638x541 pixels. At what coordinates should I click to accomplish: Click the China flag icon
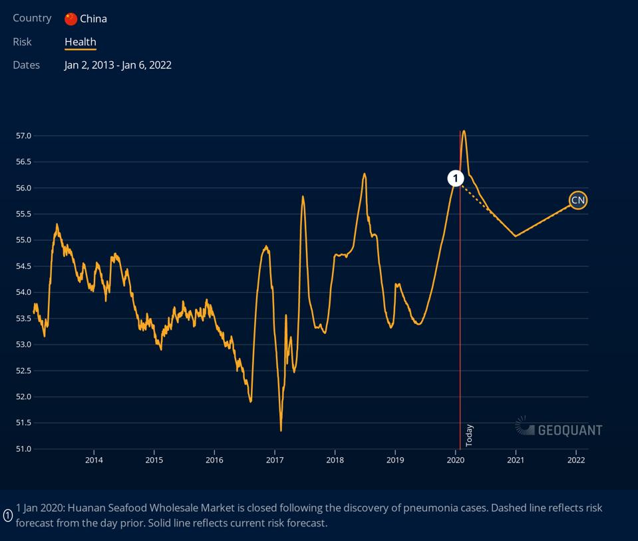pyautogui.click(x=71, y=19)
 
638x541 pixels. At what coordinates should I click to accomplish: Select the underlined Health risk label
pyautogui.click(x=80, y=41)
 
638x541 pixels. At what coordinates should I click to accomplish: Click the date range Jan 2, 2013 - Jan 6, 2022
pyautogui.click(x=118, y=65)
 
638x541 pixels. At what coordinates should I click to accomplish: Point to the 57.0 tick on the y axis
pyautogui.click(x=23, y=136)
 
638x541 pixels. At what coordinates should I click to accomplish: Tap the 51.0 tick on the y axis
pyautogui.click(x=23, y=449)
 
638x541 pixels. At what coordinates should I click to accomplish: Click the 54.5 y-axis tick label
pyautogui.click(x=23, y=266)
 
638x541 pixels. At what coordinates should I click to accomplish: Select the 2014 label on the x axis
pyautogui.click(x=94, y=460)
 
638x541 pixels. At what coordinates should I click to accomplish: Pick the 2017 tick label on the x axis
pyautogui.click(x=275, y=460)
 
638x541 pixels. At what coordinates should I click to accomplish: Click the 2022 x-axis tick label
pyautogui.click(x=576, y=460)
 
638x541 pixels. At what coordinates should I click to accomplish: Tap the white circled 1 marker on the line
pyautogui.click(x=456, y=178)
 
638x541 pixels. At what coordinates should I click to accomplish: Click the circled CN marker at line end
pyautogui.click(x=578, y=200)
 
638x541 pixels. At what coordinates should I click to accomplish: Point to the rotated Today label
pyautogui.click(x=469, y=435)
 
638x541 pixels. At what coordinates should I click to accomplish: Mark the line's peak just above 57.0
pyautogui.click(x=464, y=131)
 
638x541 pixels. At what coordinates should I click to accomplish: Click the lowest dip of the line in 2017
pyautogui.click(x=281, y=431)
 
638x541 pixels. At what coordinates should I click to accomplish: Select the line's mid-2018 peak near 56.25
pyautogui.click(x=365, y=174)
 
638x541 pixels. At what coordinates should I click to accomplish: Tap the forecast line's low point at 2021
pyautogui.click(x=516, y=236)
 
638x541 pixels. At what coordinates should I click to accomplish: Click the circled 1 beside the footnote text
pyautogui.click(x=8, y=515)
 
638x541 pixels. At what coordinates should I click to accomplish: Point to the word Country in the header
pyautogui.click(x=32, y=18)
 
